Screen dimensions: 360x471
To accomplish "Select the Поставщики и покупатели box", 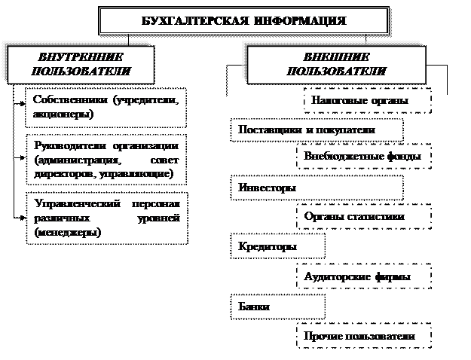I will click(x=307, y=130).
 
